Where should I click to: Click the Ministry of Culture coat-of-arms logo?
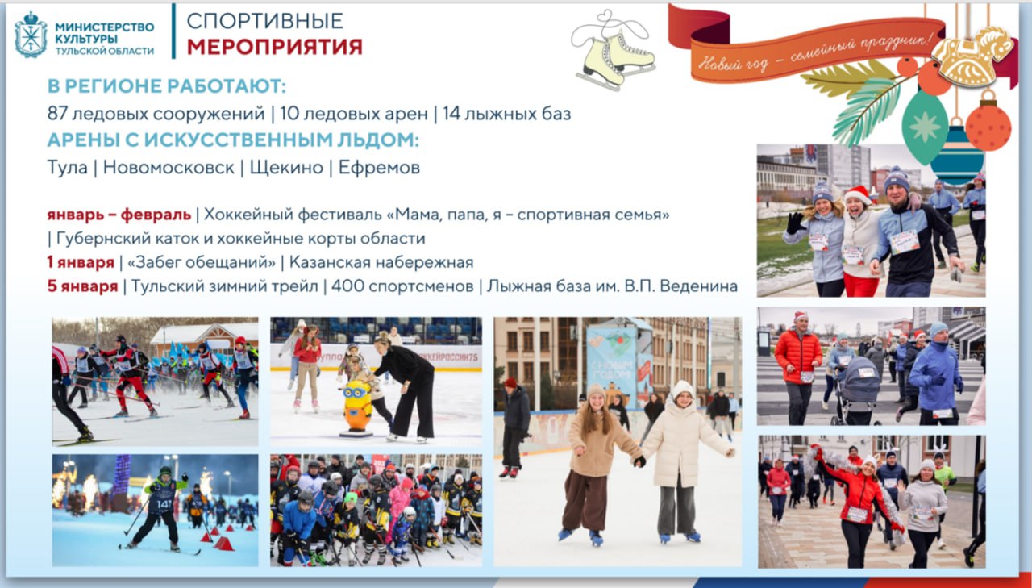[x=31, y=35]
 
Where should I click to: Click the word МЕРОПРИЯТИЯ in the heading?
[x=274, y=47]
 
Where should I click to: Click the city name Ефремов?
[x=379, y=168]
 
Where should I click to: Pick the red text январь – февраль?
[x=119, y=215]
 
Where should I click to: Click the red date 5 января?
[x=81, y=286]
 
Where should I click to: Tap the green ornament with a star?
[x=925, y=126]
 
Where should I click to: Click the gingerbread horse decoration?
[x=974, y=56]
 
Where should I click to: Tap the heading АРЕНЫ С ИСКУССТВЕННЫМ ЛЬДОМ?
[x=233, y=140]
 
